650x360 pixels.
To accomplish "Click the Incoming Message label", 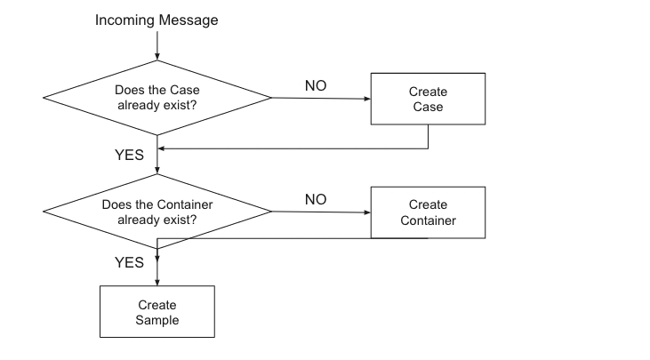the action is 156,20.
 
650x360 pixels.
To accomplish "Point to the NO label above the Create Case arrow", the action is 316,85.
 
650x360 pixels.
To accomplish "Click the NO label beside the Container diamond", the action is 316,199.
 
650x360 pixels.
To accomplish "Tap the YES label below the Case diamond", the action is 129,155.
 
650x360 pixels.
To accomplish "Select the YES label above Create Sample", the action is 129,262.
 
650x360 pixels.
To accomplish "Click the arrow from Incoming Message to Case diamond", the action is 157,45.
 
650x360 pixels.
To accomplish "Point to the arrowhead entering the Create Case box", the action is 367,99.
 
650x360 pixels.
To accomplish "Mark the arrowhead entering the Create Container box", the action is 367,212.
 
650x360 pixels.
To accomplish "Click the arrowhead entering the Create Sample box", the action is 157,283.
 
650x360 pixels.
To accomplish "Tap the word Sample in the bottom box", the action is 157,320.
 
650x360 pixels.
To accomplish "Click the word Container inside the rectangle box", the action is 429,220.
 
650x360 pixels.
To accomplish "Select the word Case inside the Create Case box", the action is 428,107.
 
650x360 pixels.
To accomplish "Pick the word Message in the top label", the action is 189,20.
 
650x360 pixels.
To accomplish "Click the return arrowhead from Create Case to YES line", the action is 161,148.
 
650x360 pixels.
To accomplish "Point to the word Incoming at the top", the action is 125,20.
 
